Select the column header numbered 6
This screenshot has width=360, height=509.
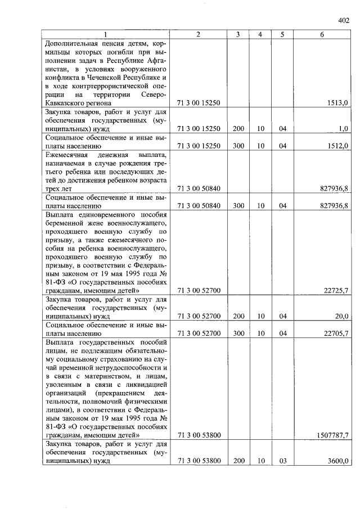coord(322,35)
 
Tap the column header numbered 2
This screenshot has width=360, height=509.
coord(198,35)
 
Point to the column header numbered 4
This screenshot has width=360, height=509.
coord(260,35)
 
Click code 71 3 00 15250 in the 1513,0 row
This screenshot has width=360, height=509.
coord(198,103)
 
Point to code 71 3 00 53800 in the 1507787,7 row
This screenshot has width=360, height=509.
coord(198,435)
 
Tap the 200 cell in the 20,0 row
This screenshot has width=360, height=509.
coord(238,316)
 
